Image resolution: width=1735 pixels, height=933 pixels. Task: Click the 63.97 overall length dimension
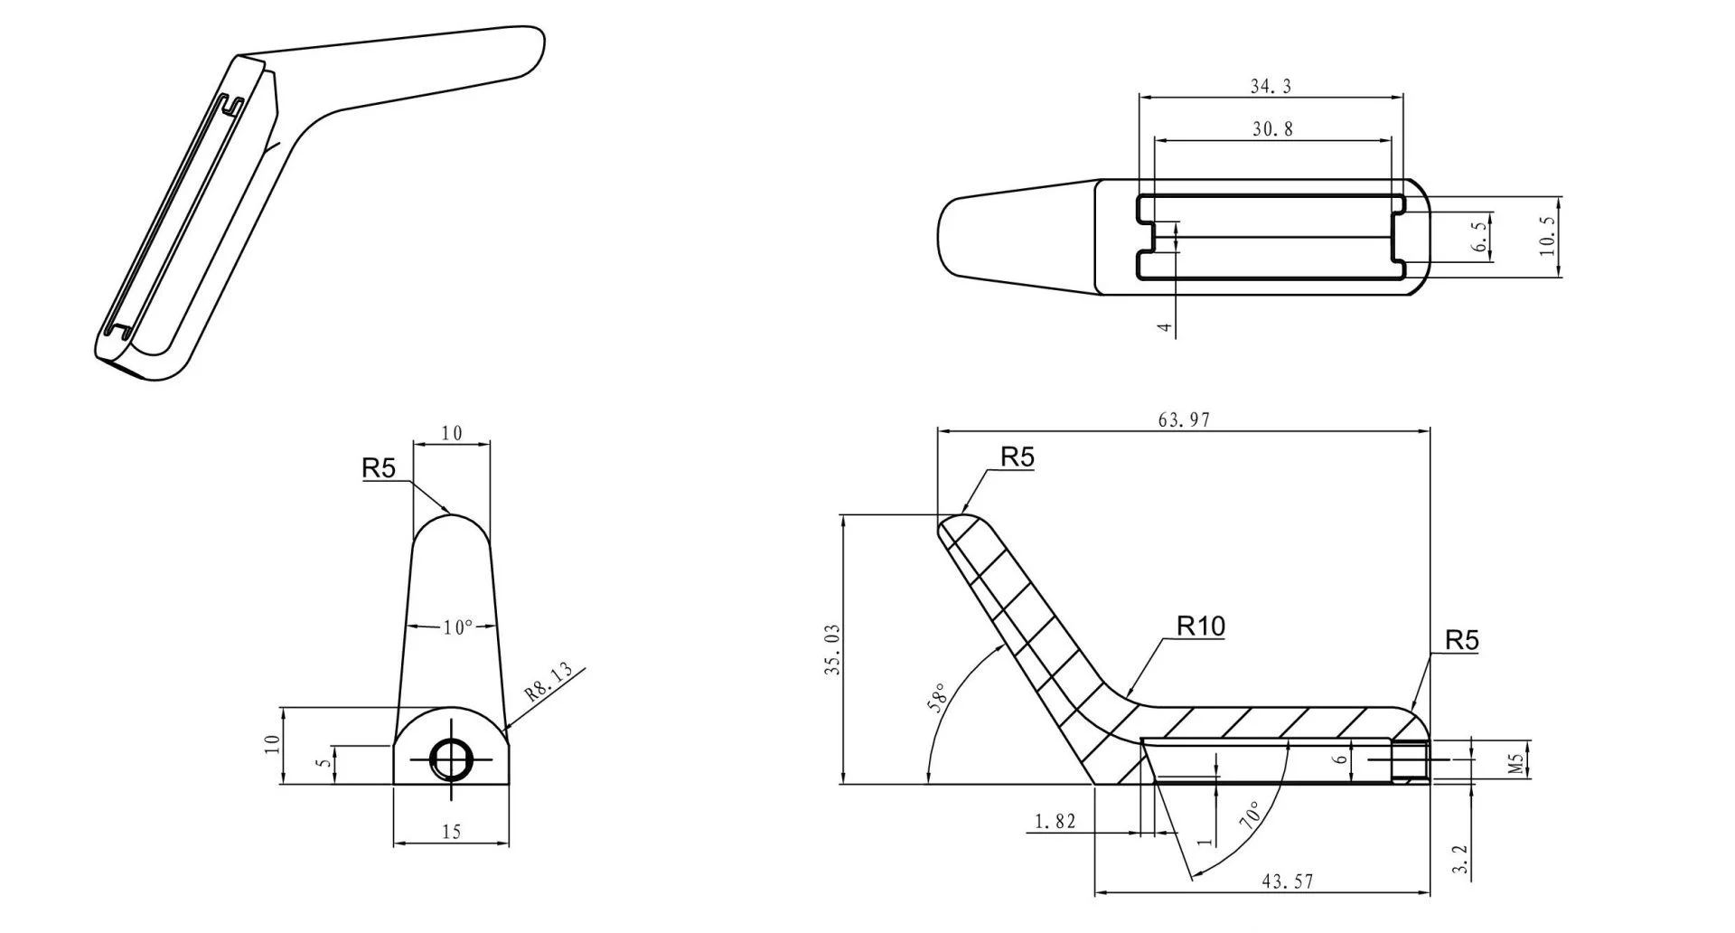pos(1183,419)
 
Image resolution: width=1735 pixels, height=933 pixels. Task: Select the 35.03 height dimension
pos(833,649)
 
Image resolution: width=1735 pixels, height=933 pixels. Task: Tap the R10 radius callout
pos(1201,626)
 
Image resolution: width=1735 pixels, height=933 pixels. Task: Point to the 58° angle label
pos(938,700)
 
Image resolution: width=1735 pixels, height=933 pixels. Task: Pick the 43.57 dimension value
pos(1287,881)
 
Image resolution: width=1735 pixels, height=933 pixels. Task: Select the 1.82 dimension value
pos(1055,821)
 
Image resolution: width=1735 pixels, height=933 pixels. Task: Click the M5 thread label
pos(1517,760)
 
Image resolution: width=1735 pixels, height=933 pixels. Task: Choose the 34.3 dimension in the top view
pos(1271,87)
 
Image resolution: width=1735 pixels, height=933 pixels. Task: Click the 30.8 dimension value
pos(1272,129)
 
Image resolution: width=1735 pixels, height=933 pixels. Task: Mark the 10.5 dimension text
pos(1548,236)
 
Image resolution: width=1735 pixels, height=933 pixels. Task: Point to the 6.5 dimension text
pos(1478,236)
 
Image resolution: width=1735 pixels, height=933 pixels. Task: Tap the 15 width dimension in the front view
pos(452,832)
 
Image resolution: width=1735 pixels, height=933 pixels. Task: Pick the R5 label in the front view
pos(379,468)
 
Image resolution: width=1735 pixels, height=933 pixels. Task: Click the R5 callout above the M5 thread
pos(1461,640)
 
